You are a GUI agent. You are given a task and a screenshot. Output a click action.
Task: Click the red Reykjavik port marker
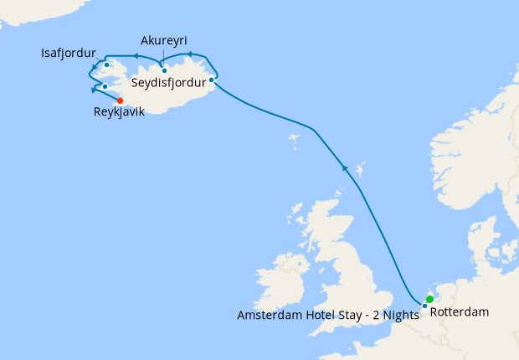tap(120, 100)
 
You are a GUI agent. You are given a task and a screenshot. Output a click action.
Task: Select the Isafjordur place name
tap(69, 54)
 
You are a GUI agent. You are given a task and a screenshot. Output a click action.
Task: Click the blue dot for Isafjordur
tap(106, 64)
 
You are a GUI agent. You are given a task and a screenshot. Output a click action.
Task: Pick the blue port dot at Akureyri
tap(164, 70)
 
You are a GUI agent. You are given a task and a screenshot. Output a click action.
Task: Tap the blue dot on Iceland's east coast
tap(211, 80)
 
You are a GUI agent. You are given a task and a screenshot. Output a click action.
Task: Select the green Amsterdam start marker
tap(429, 299)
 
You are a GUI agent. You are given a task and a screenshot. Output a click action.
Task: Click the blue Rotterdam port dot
tap(424, 306)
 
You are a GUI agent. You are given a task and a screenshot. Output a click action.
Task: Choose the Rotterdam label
tap(459, 312)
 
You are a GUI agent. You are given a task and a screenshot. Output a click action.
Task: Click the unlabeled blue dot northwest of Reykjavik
tap(105, 86)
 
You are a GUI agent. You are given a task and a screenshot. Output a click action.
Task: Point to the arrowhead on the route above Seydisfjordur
tap(189, 55)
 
